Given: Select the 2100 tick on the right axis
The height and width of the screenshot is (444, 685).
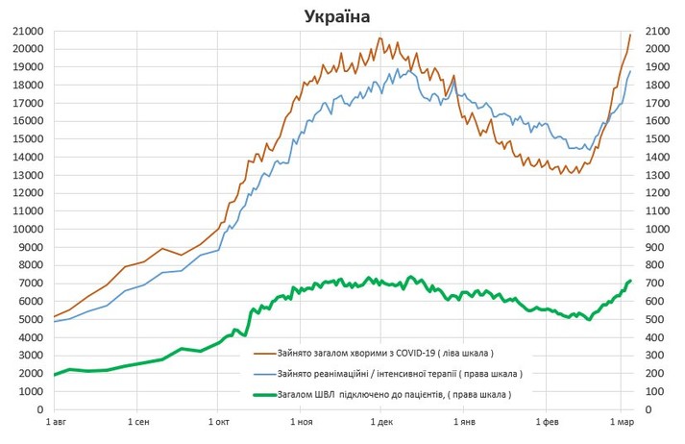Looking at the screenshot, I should (660, 31).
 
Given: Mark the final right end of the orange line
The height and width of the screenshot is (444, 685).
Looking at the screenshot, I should (630, 35).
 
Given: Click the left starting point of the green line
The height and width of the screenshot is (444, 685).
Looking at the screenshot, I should (54, 375).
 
